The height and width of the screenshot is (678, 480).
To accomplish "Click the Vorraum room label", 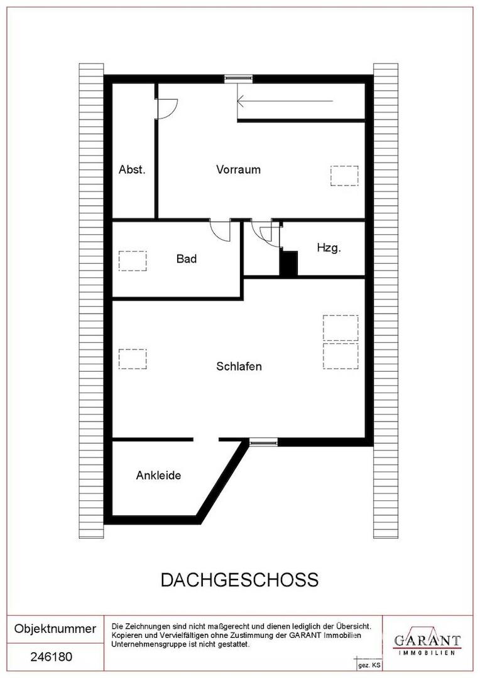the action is (x=239, y=169).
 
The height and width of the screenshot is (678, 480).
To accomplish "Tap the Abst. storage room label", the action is (x=132, y=169).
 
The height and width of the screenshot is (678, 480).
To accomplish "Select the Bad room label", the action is (x=187, y=259).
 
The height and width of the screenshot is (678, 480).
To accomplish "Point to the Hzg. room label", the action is (x=329, y=248).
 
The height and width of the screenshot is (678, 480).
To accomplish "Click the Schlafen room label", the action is (x=239, y=366).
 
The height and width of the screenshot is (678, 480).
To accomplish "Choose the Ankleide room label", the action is (x=158, y=475).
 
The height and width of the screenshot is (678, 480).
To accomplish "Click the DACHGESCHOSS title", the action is (x=239, y=580).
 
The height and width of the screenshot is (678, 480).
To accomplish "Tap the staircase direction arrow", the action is (x=285, y=101).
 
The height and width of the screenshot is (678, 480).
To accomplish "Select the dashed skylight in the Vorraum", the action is (x=344, y=176).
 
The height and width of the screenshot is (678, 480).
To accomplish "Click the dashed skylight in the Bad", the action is (x=133, y=261).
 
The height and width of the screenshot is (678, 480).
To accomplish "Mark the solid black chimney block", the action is (x=289, y=263).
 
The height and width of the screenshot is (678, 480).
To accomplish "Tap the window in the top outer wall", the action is (x=238, y=78).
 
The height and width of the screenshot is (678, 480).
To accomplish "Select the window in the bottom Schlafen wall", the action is (x=263, y=442).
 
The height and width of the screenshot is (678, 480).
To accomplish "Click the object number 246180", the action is (x=52, y=657).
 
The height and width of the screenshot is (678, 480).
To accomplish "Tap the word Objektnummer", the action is (x=55, y=628).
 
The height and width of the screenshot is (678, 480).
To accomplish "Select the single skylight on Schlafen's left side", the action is (x=133, y=359).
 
